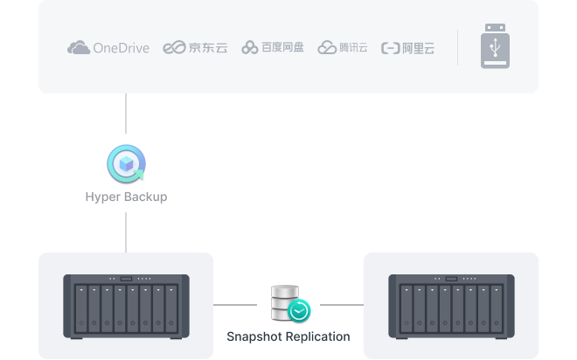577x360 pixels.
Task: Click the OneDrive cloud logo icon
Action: pos(78,48)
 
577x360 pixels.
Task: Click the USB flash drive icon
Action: pos(494,47)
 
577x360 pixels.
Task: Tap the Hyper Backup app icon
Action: pos(126,163)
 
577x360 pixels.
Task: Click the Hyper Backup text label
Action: pos(126,197)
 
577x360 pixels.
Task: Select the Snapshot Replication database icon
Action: pos(287,301)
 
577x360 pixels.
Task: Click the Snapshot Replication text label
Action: pos(288,336)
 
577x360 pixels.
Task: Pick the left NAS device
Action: pos(126,305)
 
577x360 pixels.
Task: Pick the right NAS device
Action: pos(451,305)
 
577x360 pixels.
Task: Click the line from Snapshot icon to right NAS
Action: pos(341,305)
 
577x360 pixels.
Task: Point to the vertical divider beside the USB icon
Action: pos(457,47)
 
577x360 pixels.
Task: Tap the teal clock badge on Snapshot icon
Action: pos(300,310)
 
